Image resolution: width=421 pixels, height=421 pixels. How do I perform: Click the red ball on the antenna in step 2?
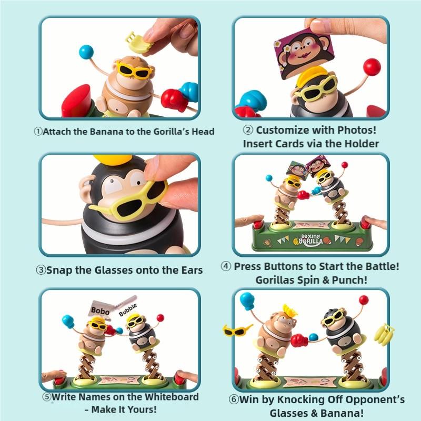click(x=372, y=66)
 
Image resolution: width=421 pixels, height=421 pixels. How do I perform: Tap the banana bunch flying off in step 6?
click(x=384, y=333)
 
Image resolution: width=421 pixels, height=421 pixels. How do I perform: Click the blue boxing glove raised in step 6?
click(x=247, y=300)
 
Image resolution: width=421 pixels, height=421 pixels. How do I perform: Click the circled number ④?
click(x=226, y=267)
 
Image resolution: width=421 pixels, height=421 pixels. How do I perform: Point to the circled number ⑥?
click(x=235, y=400)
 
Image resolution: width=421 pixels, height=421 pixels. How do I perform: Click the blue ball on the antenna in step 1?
click(x=85, y=52)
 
